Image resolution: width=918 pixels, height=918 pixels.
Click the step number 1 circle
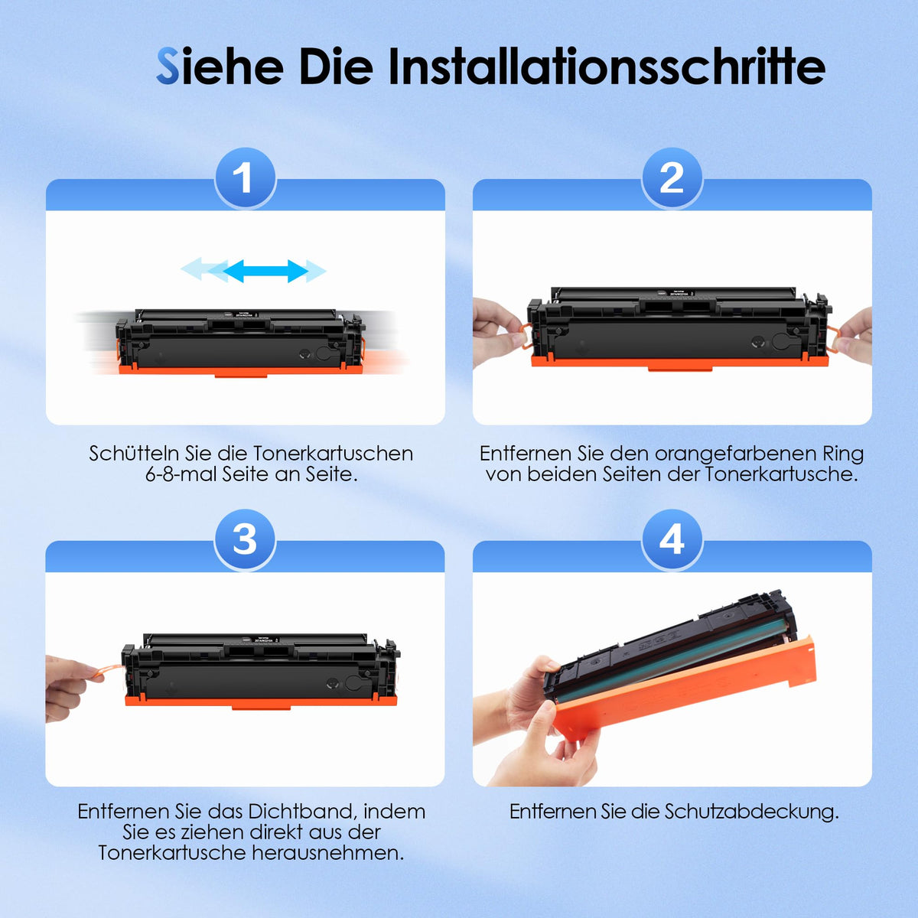[x=246, y=177]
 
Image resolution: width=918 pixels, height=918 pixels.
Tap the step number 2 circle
[x=672, y=177]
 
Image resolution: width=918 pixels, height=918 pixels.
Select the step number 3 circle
[x=245, y=539]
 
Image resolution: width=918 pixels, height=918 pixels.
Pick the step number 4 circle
[x=672, y=539]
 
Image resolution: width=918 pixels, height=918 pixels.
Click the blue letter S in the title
[x=168, y=67]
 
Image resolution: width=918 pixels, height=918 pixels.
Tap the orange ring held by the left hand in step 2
[x=526, y=335]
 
